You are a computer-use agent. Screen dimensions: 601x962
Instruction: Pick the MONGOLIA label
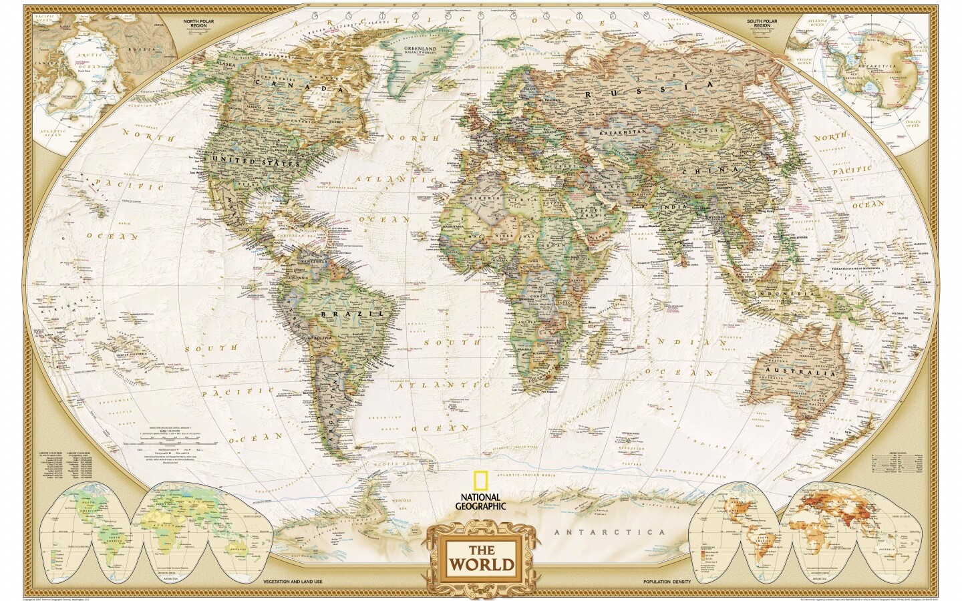pyautogui.click(x=707, y=130)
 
